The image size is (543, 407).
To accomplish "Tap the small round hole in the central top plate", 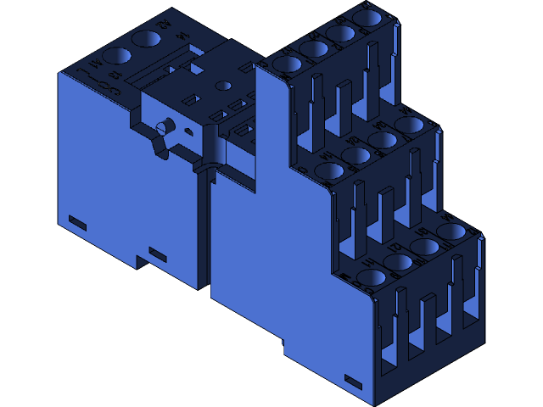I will tap(223, 86).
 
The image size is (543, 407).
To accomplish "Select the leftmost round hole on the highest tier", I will tap(287, 64).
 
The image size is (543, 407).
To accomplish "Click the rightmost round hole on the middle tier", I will tap(409, 125).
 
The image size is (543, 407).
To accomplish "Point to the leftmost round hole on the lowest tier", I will tap(371, 277).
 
